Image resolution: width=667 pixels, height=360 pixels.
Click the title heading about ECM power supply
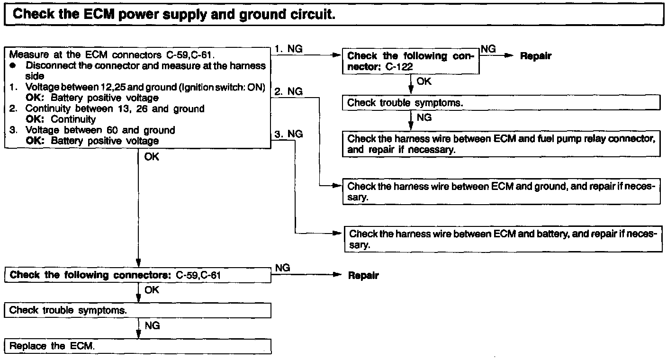tap(174, 14)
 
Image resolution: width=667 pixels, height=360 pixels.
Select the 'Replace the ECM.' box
tap(138, 346)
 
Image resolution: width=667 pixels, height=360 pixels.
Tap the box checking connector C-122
tap(411, 62)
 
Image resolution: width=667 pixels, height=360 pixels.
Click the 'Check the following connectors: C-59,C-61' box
tap(138, 275)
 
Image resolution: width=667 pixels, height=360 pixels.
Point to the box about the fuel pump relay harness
tap(501, 144)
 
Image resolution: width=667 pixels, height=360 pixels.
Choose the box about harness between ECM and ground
tap(501, 192)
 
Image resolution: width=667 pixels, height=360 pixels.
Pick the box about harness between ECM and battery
tap(502, 239)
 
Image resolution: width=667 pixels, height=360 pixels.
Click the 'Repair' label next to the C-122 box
tap(536, 56)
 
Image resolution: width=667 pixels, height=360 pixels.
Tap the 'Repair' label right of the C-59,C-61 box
tap(363, 275)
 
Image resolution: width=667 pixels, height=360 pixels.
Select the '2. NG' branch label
tap(288, 91)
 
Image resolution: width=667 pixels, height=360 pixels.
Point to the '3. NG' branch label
tap(288, 134)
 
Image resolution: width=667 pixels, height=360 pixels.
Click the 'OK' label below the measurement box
tap(152, 157)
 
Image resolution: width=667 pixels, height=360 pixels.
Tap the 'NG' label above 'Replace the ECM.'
tap(152, 326)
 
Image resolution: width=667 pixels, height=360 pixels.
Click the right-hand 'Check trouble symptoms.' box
tap(501, 102)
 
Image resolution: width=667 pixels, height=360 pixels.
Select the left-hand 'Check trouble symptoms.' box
tap(138, 310)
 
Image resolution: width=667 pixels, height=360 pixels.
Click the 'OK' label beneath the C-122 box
tap(424, 81)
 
